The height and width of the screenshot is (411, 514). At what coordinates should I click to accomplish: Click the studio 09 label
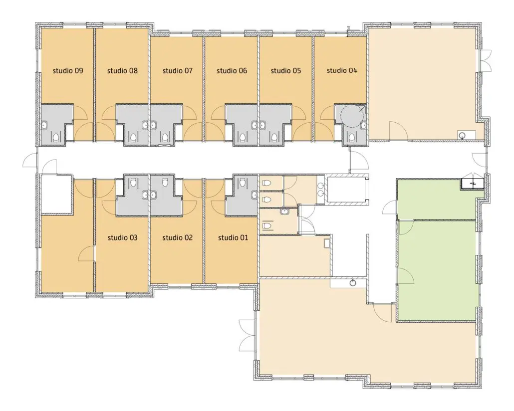(68, 70)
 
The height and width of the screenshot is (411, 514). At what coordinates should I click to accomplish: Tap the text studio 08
(122, 70)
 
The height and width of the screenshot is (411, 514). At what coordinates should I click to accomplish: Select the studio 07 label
(177, 70)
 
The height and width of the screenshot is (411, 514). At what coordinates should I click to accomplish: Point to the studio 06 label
(232, 70)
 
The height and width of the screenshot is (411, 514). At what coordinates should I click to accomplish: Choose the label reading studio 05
(286, 70)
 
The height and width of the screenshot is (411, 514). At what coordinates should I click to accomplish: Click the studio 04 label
(342, 70)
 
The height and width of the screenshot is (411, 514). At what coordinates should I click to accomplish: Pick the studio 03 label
(122, 237)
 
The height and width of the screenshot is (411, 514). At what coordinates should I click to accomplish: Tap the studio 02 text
(177, 237)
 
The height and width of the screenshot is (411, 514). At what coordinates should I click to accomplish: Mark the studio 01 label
(233, 237)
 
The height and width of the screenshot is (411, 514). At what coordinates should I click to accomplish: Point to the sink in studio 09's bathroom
(44, 125)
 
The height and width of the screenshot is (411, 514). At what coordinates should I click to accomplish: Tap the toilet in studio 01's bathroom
(242, 182)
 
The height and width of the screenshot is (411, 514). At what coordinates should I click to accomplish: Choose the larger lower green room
(436, 271)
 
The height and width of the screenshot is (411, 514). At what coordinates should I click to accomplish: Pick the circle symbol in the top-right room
(463, 135)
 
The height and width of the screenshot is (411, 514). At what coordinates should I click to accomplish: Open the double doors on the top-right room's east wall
(487, 60)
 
